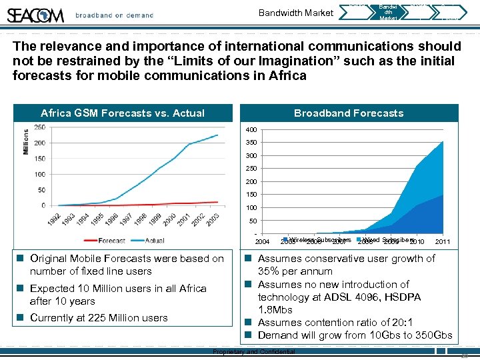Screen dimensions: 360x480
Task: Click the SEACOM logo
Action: coord(36,14)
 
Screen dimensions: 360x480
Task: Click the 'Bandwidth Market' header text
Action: coord(296,13)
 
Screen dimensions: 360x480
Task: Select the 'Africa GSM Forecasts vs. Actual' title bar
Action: coord(123,113)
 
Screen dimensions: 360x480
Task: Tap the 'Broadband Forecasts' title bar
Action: coord(349,113)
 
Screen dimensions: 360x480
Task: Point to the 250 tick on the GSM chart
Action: coord(39,127)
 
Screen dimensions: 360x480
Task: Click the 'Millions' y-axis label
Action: coord(27,143)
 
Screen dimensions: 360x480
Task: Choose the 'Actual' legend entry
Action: coord(154,240)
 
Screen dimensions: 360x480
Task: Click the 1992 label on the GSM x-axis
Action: coord(55,220)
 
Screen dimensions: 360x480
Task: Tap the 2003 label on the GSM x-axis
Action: coord(211,220)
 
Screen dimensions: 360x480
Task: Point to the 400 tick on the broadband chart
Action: coord(251,129)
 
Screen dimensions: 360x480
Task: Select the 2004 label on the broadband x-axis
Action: coord(263,241)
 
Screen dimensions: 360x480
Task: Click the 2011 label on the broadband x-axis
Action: coord(443,241)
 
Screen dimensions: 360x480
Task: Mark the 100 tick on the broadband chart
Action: coord(251,207)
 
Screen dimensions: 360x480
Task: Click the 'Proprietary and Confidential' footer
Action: coord(253,351)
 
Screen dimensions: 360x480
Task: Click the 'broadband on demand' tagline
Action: coord(114,15)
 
